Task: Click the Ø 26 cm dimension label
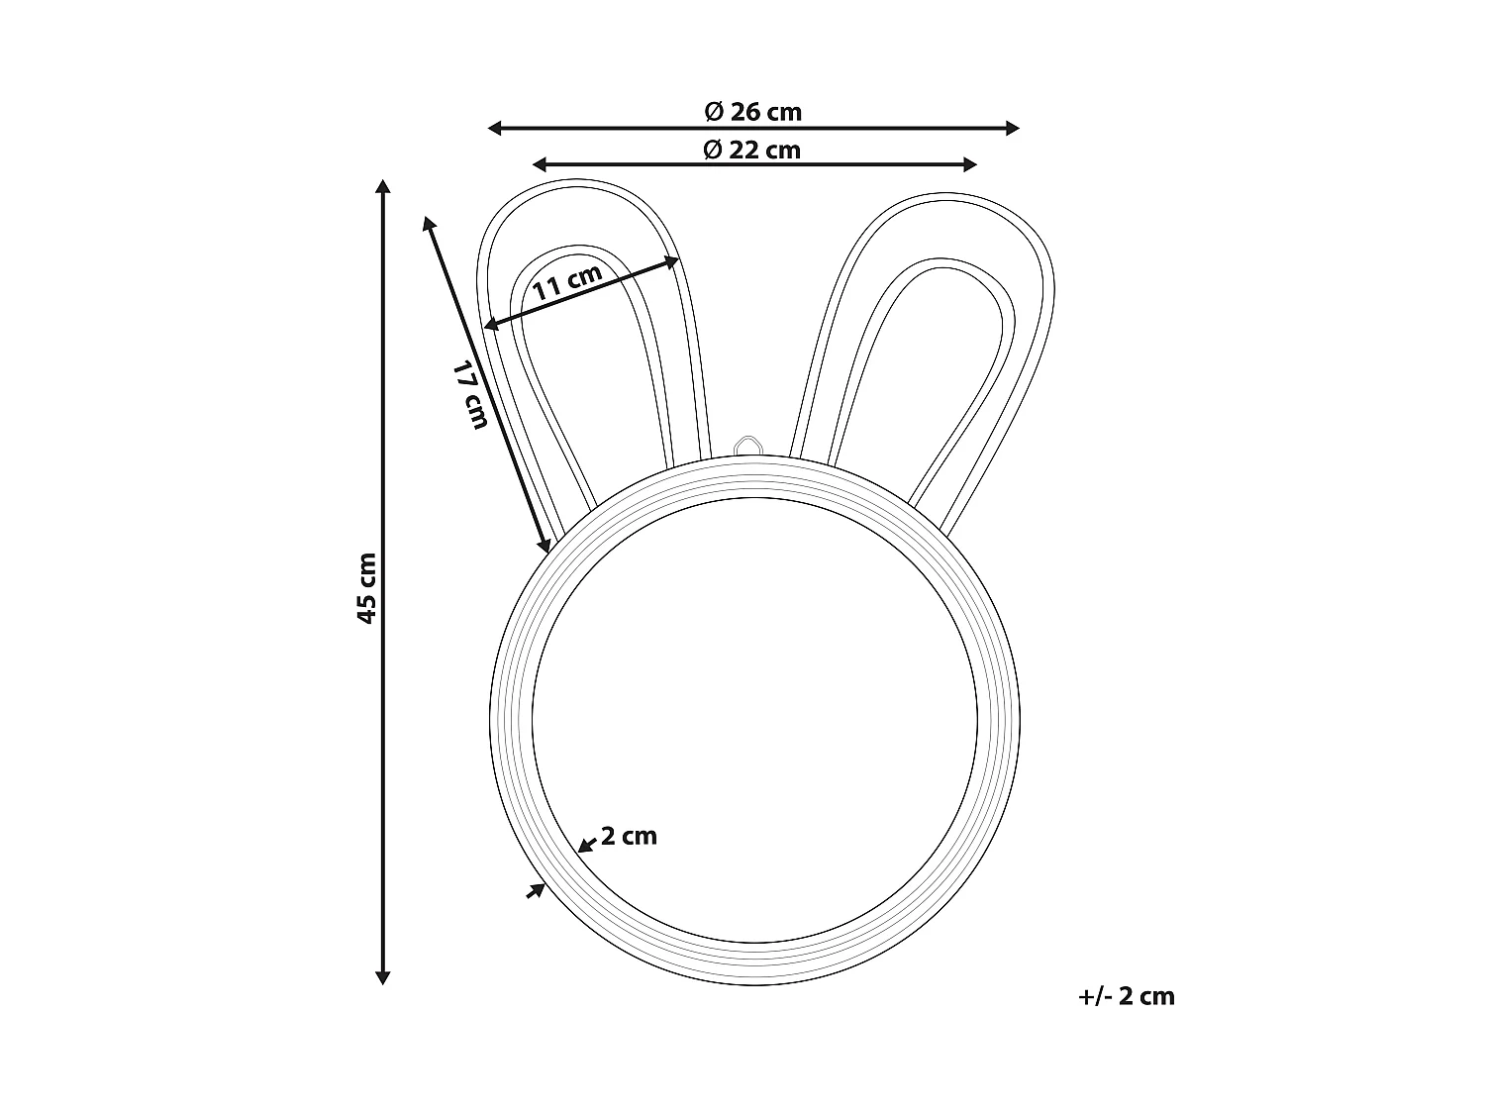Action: (752, 112)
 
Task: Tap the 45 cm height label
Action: (366, 587)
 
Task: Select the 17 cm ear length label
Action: (471, 394)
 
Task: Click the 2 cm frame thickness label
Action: (629, 836)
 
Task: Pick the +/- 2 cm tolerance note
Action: (1126, 996)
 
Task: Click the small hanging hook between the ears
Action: (748, 446)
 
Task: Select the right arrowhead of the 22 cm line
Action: (970, 164)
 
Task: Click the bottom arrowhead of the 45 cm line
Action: (383, 977)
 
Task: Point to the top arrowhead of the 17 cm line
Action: (429, 223)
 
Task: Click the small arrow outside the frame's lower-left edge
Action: (537, 891)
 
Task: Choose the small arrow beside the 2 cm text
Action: (586, 844)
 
